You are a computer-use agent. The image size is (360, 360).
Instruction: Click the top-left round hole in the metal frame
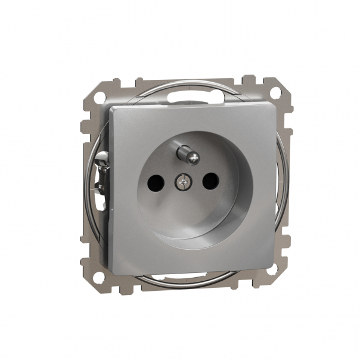pos(94,94)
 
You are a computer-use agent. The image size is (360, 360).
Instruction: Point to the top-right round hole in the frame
pos(277,93)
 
